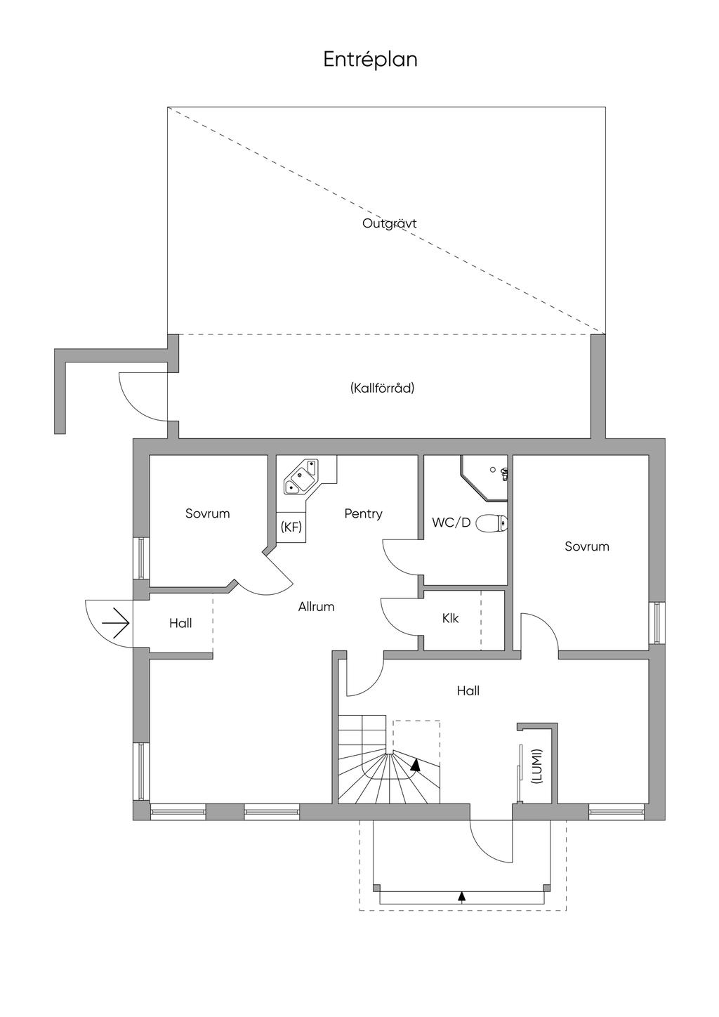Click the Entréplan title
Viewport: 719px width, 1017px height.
click(370, 60)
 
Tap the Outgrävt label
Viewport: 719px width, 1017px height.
click(389, 224)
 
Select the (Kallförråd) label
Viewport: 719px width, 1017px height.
click(382, 388)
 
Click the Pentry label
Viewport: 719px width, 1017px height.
click(363, 514)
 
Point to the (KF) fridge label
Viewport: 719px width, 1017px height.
click(291, 527)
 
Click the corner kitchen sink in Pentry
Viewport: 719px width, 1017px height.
click(301, 477)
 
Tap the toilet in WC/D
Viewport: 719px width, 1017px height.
click(492, 523)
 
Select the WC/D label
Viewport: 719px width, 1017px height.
click(451, 523)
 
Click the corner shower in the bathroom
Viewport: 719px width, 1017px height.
click(484, 478)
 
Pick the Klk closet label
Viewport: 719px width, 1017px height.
click(450, 618)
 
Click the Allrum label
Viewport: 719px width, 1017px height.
click(316, 607)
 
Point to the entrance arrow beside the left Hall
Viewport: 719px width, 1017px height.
click(116, 623)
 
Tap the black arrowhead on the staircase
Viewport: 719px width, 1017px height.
click(414, 766)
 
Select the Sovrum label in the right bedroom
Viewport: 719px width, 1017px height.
click(586, 546)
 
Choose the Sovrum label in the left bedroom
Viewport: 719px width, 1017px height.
click(207, 513)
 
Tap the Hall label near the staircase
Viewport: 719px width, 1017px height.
click(468, 691)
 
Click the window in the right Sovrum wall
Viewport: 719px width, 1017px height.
click(657, 622)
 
